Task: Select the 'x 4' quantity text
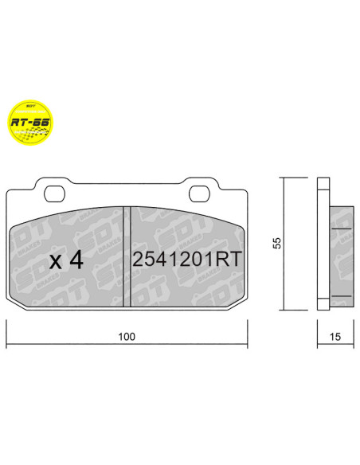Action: point(66,260)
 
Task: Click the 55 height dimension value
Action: point(276,244)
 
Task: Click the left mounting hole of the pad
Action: point(56,193)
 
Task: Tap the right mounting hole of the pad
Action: point(202,193)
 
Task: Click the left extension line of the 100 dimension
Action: point(7,333)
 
